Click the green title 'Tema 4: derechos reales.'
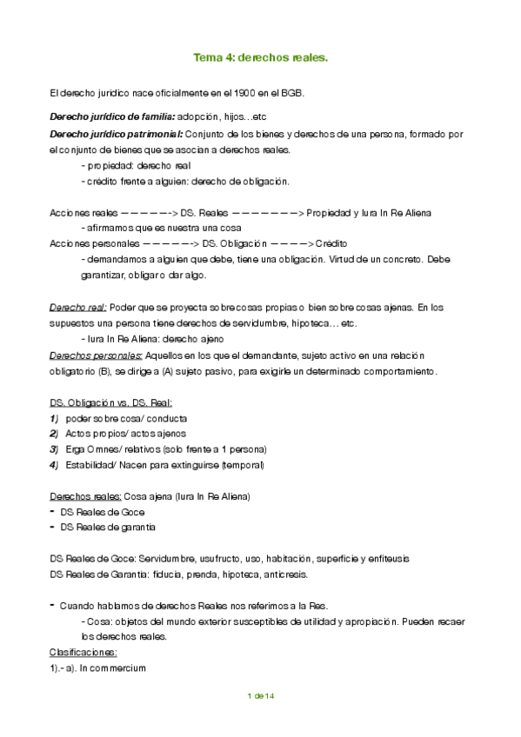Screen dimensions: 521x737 coord(259,58)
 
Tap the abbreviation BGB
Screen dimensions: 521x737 coord(292,92)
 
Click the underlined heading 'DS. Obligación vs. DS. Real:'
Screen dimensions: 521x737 coord(111,402)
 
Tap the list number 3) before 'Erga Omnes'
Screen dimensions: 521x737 coord(55,449)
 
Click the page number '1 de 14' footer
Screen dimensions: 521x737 coord(261,696)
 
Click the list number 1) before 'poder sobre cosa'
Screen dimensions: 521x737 coord(55,418)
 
